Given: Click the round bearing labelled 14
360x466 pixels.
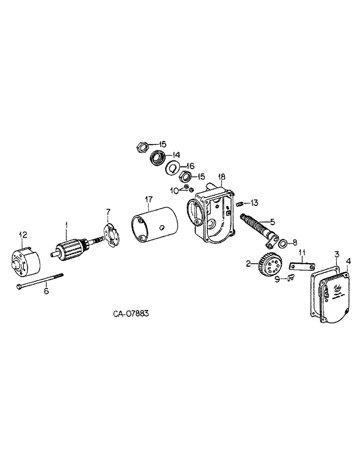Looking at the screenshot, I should (157, 159).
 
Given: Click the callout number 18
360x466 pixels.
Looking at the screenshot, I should (222, 177).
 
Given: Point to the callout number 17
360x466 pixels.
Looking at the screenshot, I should (148, 200).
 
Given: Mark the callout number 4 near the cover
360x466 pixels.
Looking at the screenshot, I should (348, 261).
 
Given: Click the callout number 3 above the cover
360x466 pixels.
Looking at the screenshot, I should (336, 254).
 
